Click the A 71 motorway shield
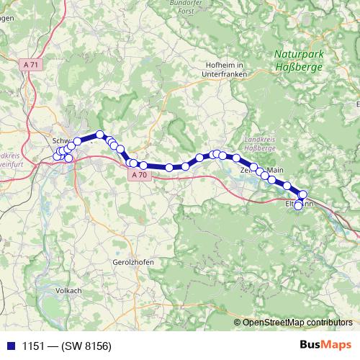click(30, 64)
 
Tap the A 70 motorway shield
click(139, 175)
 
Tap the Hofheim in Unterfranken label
click(222, 70)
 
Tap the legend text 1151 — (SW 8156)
click(66, 346)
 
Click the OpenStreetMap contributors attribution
click(297, 322)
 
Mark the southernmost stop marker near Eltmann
click(298, 206)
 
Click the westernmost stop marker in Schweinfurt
click(57, 157)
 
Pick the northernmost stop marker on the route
click(101, 135)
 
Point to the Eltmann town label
click(293, 204)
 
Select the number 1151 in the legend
click(31, 346)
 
